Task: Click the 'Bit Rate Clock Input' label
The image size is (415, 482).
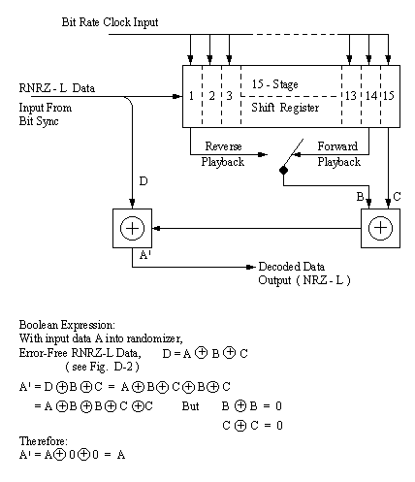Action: (110, 22)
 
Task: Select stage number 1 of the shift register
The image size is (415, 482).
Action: (191, 96)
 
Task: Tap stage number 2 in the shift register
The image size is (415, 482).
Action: (211, 96)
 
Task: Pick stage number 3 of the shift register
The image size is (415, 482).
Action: (229, 96)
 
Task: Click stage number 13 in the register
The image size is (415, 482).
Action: (351, 96)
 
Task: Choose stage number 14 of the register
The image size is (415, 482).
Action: (371, 96)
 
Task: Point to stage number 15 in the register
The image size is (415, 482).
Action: (388, 96)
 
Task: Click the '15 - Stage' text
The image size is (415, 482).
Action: (274, 84)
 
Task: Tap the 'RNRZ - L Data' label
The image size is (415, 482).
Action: (57, 88)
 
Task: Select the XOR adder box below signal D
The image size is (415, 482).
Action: (132, 228)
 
